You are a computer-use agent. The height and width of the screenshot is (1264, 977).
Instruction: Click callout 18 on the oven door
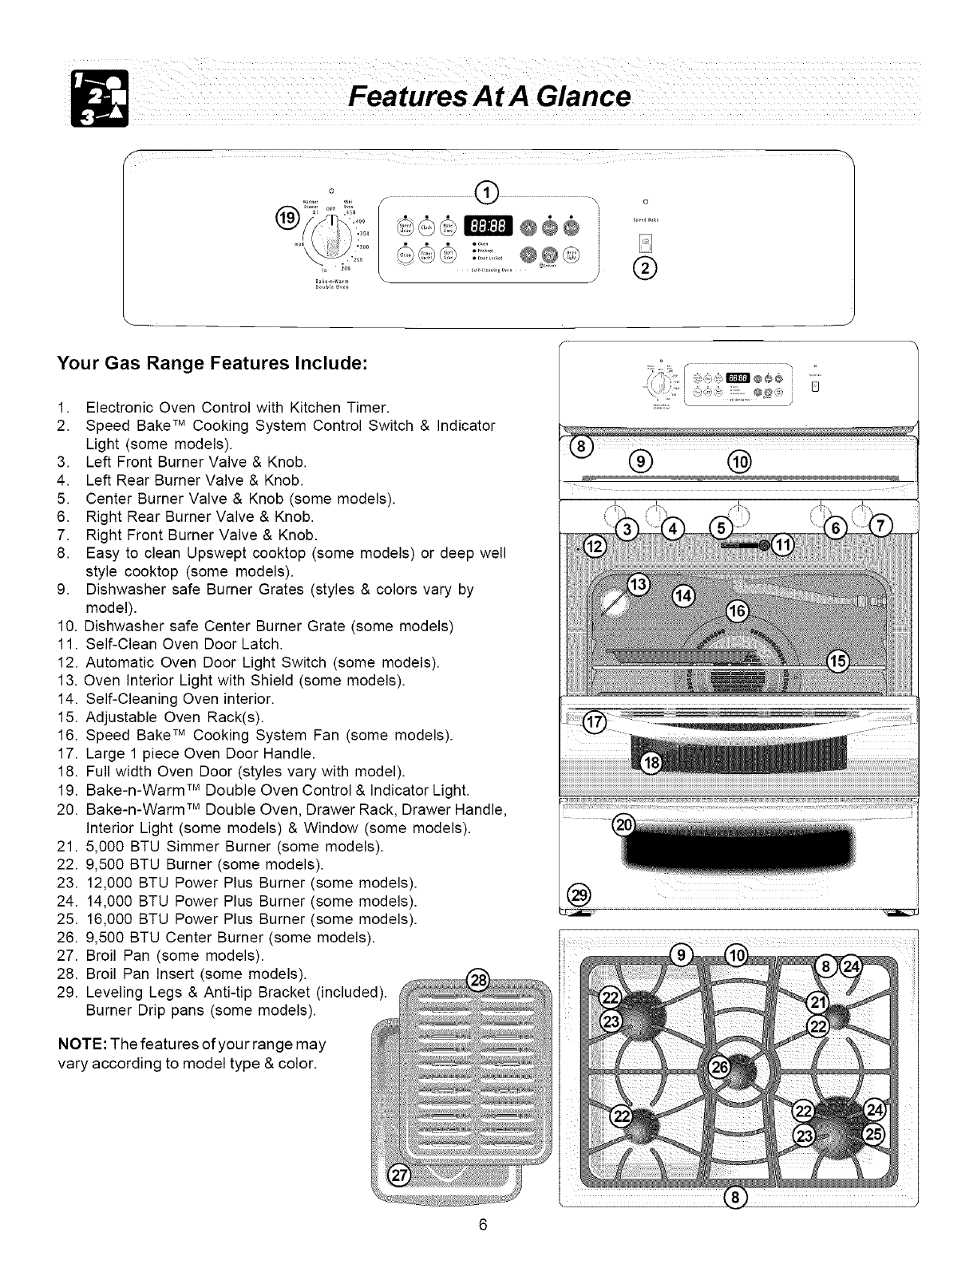point(653,764)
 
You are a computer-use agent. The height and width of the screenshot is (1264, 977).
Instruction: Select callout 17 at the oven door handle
point(595,722)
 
